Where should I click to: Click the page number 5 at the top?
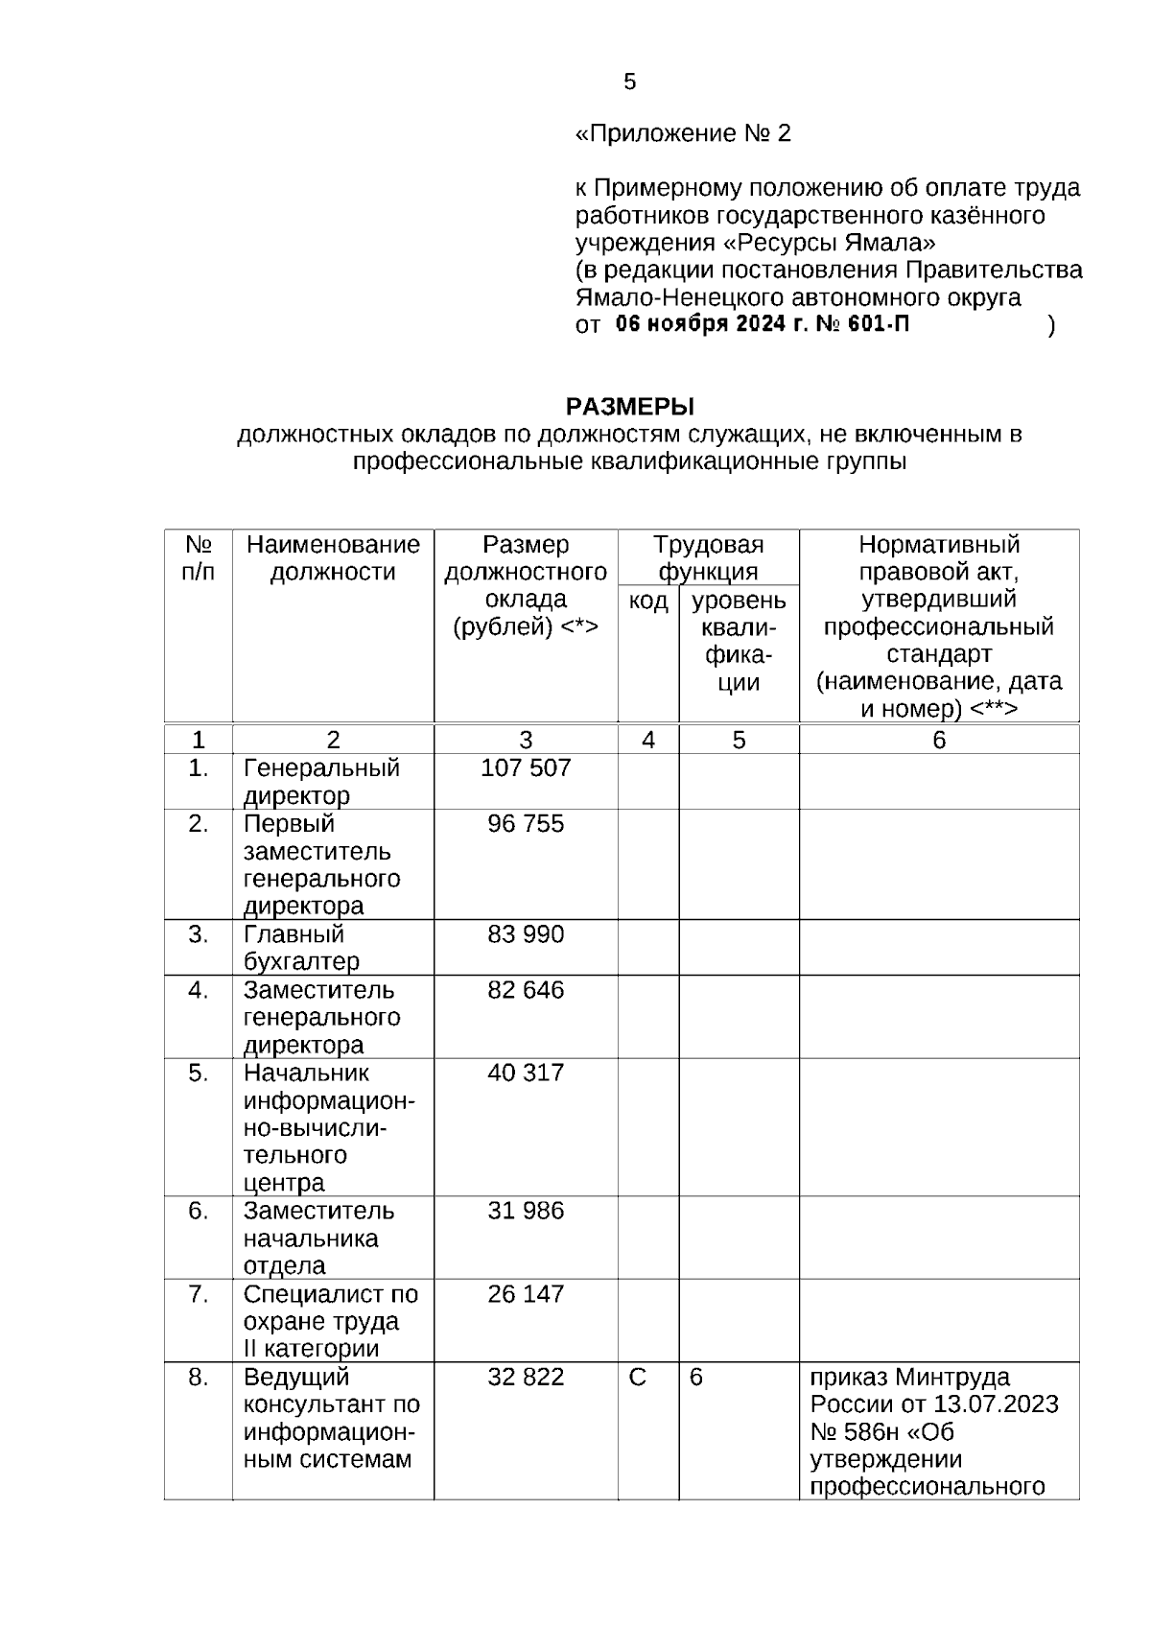point(629,83)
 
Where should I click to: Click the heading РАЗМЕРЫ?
point(629,407)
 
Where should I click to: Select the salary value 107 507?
point(526,768)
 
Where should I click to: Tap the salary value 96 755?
point(526,824)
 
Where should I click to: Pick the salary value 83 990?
point(526,934)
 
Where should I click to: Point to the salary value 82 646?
point(526,990)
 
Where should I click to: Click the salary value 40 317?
point(526,1073)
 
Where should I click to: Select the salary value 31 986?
point(526,1211)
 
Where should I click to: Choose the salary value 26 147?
point(526,1294)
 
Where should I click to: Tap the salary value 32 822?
point(526,1378)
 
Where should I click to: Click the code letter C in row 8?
point(638,1378)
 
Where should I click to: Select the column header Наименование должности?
point(333,558)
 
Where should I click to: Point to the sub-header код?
point(648,602)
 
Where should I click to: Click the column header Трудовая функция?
point(708,558)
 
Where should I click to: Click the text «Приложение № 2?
point(682,133)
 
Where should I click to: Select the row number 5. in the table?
point(198,1073)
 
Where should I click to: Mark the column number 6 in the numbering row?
point(939,740)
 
